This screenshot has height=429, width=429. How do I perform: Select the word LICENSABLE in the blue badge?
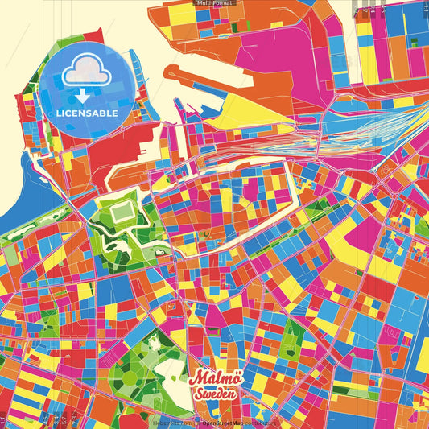click(x=87, y=113)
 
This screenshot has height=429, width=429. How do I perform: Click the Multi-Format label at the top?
click(x=214, y=4)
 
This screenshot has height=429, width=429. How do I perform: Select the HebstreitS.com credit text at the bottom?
click(x=174, y=421)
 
